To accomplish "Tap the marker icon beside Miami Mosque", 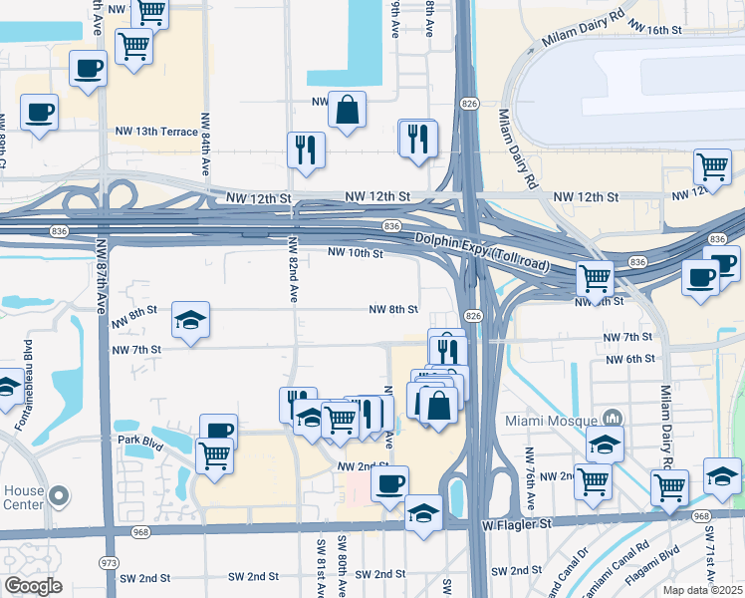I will click(x=613, y=418).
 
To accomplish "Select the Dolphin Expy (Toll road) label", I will click(x=467, y=250).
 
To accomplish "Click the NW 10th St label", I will click(x=356, y=254).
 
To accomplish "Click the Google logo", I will click(x=33, y=585).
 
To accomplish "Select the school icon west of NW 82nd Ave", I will click(x=191, y=320).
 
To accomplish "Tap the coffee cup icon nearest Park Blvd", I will click(x=219, y=432).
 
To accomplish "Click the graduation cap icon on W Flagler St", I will click(x=423, y=513).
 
